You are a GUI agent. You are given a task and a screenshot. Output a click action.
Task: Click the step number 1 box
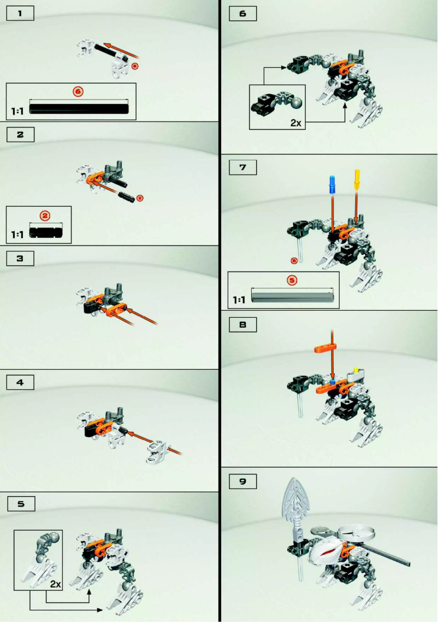[x=20, y=14]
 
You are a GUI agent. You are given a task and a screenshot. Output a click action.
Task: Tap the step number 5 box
[x=20, y=504]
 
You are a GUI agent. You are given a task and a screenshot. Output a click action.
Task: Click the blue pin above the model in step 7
[x=332, y=184]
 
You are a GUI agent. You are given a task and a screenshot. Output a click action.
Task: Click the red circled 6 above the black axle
[x=78, y=91]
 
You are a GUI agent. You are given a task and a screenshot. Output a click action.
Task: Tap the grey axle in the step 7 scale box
[x=292, y=297]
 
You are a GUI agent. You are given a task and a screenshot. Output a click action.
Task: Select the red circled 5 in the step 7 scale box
[x=292, y=280]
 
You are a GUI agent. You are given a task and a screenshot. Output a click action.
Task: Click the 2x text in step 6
[x=296, y=123]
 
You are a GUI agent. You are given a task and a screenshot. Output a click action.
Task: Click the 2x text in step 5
[x=55, y=584]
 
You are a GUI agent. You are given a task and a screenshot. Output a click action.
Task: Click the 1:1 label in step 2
[x=17, y=235]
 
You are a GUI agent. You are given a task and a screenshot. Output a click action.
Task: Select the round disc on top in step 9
[x=358, y=530]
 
